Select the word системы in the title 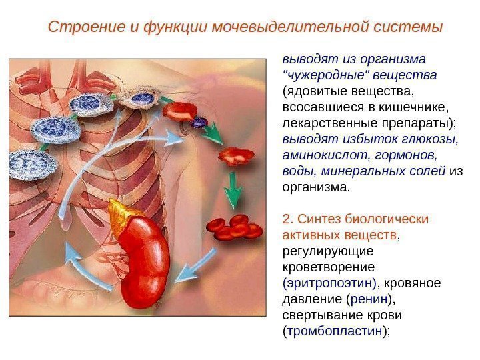(409, 28)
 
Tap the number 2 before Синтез (287, 219)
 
